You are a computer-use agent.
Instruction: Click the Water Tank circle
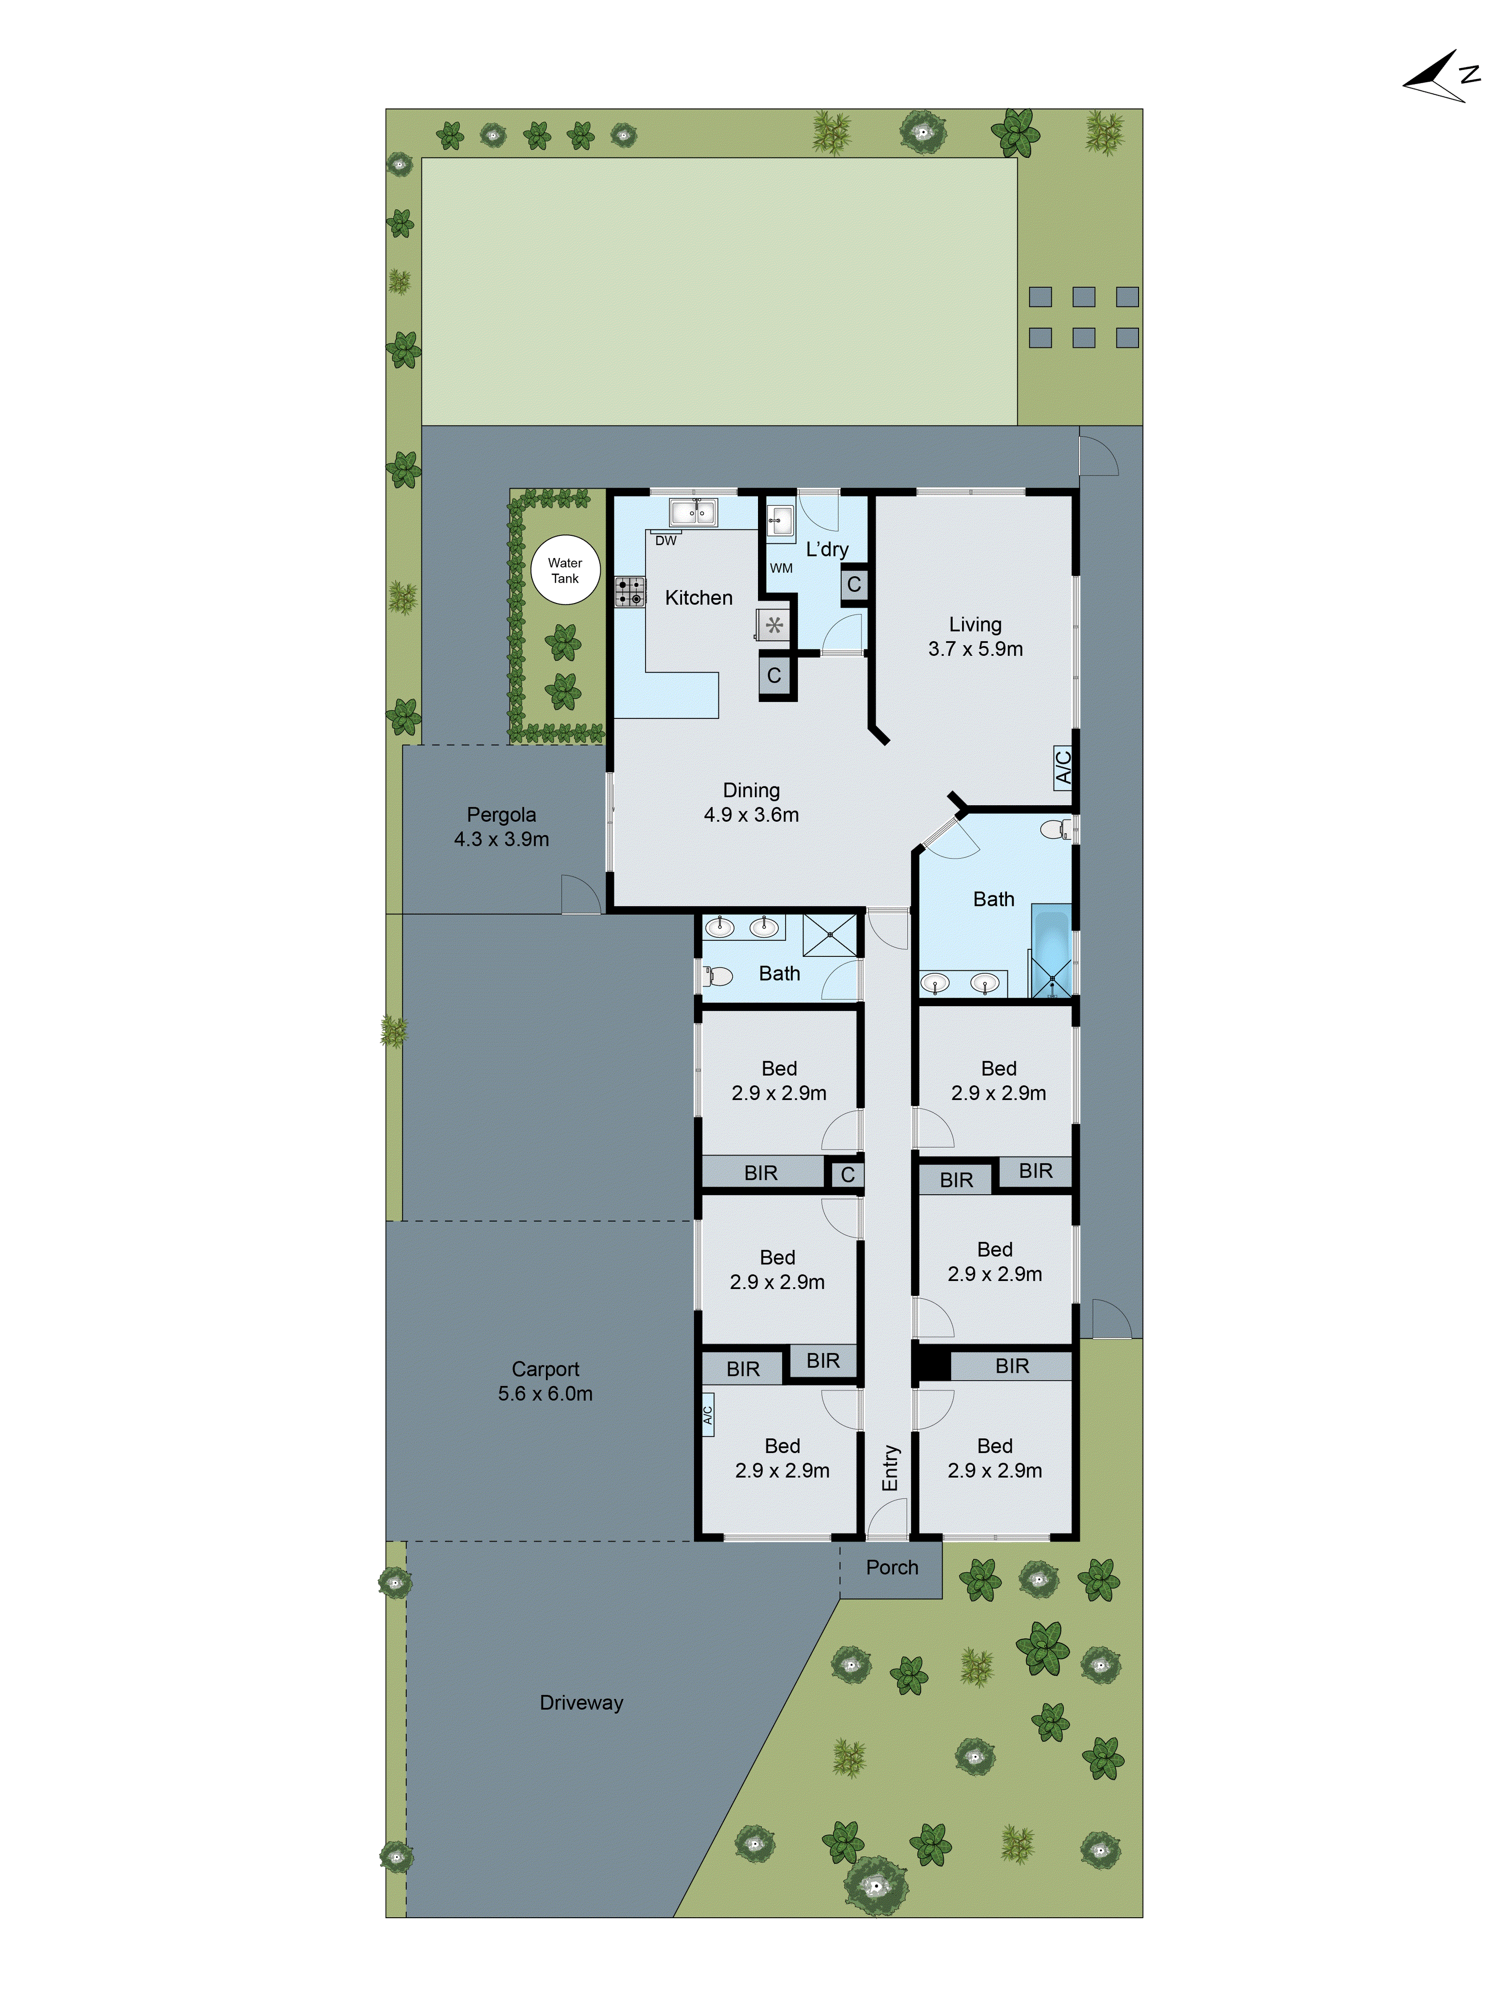tap(565, 570)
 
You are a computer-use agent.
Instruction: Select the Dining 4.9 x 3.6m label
tap(751, 802)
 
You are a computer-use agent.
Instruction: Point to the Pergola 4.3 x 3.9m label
tap(501, 827)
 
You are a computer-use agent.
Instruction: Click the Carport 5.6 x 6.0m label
tap(545, 1381)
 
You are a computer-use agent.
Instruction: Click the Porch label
tap(892, 1568)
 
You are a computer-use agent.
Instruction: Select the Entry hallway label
tap(891, 1468)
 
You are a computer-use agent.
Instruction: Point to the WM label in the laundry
tap(781, 568)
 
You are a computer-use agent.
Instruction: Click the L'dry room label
tap(827, 548)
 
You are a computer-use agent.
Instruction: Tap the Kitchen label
tap(698, 598)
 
